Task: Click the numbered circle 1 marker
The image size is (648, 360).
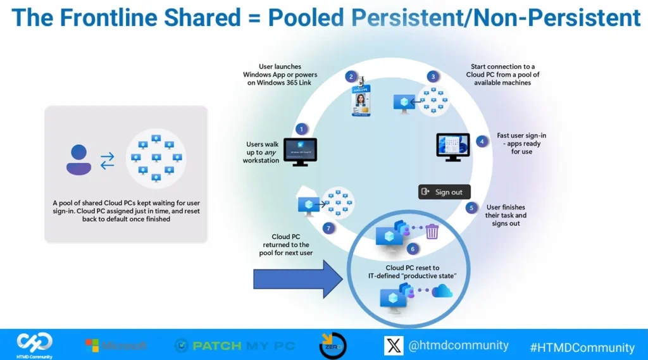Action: point(301,128)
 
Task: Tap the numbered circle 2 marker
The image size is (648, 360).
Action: point(350,77)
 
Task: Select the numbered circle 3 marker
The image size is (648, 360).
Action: point(433,77)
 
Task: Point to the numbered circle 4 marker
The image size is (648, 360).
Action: point(482,142)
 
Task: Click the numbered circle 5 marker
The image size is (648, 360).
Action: point(471,208)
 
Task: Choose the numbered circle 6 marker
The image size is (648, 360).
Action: point(413,249)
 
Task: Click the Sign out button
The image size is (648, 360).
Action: point(444,192)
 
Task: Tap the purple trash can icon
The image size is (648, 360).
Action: point(432,232)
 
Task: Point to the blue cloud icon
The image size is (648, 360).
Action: point(442,291)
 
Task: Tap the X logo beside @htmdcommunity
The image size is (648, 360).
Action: point(394,345)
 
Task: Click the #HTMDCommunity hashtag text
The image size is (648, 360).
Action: point(582,347)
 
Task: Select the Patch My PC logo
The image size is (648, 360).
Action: point(235,345)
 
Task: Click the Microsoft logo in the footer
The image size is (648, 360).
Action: point(116,345)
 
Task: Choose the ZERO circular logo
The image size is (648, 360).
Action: point(332,345)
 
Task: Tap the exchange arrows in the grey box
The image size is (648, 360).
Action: point(108,159)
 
